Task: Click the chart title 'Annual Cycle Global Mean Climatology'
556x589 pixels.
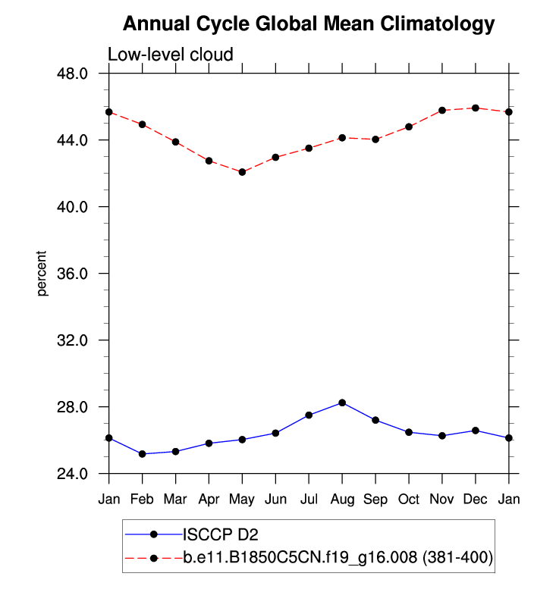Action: (308, 23)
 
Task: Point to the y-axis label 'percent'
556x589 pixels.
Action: (42, 274)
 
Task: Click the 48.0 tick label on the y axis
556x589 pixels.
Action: (74, 74)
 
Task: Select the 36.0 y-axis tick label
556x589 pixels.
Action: (74, 274)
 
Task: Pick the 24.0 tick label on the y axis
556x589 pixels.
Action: (74, 474)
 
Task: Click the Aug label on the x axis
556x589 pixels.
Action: (342, 500)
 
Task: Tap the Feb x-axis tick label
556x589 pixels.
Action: (143, 500)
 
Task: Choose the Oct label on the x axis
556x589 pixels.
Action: (409, 500)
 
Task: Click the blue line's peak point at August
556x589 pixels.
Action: (342, 403)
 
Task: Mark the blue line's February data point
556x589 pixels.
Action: (143, 454)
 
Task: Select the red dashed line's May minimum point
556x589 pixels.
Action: (242, 172)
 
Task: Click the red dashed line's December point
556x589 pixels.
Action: (476, 108)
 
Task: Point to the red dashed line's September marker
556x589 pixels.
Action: (375, 139)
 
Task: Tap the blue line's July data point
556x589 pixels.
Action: (309, 415)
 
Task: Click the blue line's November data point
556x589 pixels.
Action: (442, 436)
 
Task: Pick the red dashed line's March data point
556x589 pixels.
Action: (175, 142)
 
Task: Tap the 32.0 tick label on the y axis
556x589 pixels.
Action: (74, 340)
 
